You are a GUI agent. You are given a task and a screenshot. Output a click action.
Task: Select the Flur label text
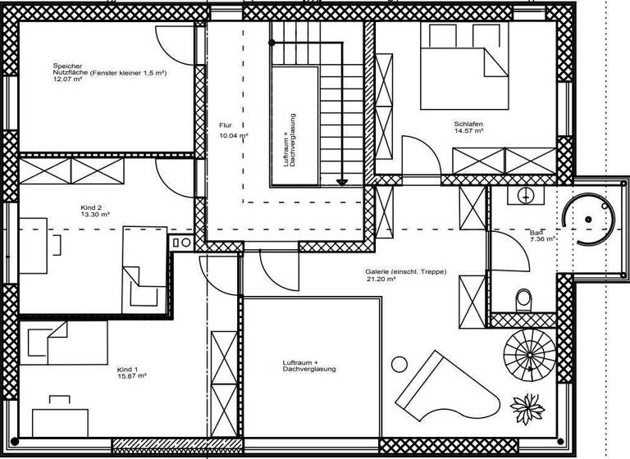click(x=226, y=125)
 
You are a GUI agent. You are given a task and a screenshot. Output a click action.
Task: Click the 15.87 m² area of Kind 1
click(x=131, y=376)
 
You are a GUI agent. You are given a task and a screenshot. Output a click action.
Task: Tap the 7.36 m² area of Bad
click(x=542, y=239)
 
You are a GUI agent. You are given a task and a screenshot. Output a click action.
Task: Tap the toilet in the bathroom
click(x=523, y=301)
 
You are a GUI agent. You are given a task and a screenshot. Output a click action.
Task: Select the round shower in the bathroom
click(x=588, y=219)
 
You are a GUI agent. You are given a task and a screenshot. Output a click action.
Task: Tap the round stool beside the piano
click(x=399, y=364)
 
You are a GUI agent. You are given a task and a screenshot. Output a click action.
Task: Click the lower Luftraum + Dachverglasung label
click(x=309, y=365)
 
